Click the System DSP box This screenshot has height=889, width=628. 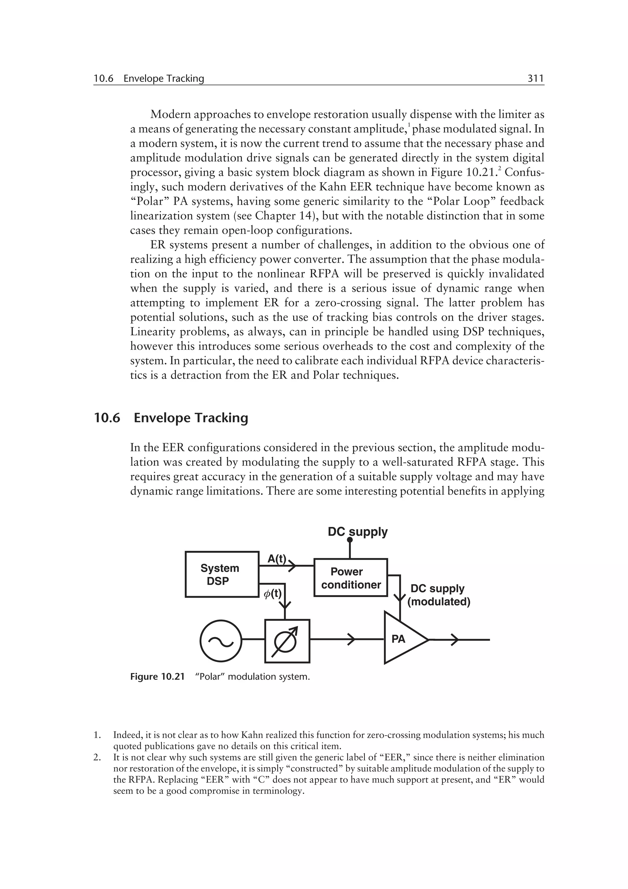pyautogui.click(x=222, y=574)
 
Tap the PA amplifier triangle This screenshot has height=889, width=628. pyautogui.click(x=402, y=638)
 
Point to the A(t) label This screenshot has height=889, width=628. pyautogui.click(x=277, y=558)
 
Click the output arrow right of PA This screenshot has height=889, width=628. pyautogui.click(x=455, y=640)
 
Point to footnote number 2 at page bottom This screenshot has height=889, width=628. pyautogui.click(x=96, y=757)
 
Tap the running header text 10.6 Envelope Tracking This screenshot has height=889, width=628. pyautogui.click(x=149, y=79)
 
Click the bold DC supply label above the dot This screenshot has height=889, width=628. pyautogui.click(x=357, y=532)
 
